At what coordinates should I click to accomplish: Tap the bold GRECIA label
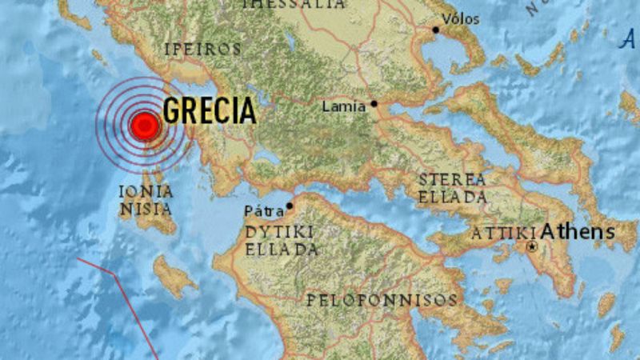pos(210,111)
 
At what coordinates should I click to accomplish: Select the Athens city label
pos(578,233)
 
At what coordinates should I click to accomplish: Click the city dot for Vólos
pos(436,30)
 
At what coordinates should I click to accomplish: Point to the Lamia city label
pos(343,106)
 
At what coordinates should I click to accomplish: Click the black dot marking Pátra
pos(290,206)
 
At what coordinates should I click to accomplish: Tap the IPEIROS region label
pos(202,49)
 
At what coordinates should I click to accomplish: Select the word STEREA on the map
pos(452,179)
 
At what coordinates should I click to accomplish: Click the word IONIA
pos(145,191)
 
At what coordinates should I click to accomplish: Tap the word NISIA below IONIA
pos(145,210)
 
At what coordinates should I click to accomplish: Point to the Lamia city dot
pos(373,104)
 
